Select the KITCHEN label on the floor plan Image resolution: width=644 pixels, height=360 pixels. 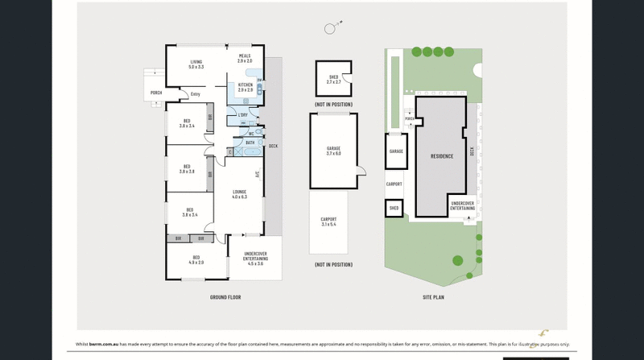click(245, 87)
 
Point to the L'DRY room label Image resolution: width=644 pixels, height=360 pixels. click(242, 115)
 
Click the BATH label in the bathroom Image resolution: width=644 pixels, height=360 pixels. click(250, 142)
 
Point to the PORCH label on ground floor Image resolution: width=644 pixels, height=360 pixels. click(156, 93)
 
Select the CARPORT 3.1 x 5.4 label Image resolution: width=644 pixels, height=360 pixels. click(328, 221)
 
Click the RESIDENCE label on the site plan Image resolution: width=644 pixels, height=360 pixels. click(442, 156)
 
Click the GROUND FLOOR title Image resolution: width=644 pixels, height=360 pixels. click(225, 297)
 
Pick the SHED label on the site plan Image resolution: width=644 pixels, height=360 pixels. click(394, 208)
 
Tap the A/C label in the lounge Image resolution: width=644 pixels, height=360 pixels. click(257, 174)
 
